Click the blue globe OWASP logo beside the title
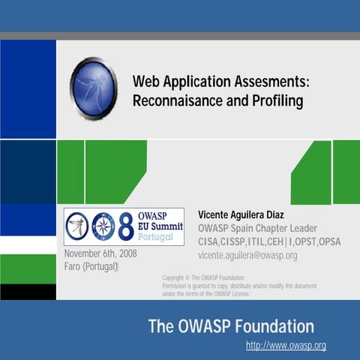click(x=93, y=88)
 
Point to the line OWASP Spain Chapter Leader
click(x=257, y=228)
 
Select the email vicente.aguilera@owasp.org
click(x=247, y=255)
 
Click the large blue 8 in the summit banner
click(x=125, y=227)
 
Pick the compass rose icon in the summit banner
click(x=103, y=227)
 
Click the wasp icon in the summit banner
click(x=77, y=227)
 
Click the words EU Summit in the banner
click(x=159, y=226)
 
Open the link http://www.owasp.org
click(x=286, y=346)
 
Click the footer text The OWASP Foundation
click(x=231, y=326)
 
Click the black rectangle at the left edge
click(x=28, y=292)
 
